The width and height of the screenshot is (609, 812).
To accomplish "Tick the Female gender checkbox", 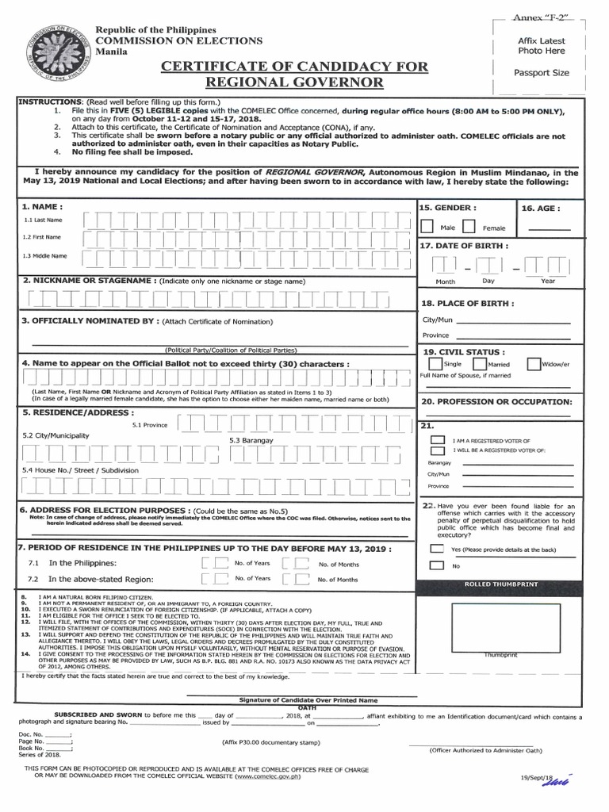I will point(469,227).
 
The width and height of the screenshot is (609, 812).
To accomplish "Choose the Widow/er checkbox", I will point(534,364).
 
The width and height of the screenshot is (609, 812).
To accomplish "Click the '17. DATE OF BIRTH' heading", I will point(464,246).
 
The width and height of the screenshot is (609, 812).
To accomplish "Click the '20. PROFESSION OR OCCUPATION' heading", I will point(496,402).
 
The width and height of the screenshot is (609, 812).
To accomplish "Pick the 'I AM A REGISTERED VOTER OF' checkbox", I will point(437,440).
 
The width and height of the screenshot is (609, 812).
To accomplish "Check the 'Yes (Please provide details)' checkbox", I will point(437,549).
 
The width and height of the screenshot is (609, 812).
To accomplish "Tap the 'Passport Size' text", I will point(542,73).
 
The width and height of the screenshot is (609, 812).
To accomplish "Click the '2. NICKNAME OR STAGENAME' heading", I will point(87,281).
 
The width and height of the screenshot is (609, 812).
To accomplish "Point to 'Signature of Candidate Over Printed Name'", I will point(308,701).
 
